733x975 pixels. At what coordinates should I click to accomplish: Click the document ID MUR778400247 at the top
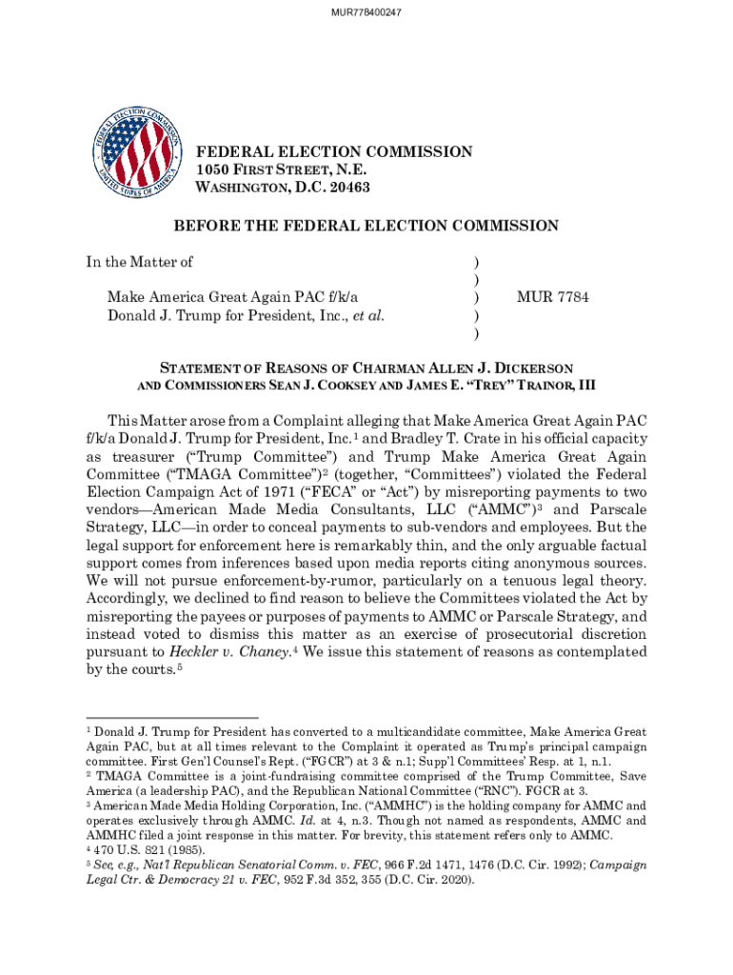[366, 12]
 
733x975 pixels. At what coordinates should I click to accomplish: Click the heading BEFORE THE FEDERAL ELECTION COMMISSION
[366, 226]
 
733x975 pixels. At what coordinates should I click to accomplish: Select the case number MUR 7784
[552, 297]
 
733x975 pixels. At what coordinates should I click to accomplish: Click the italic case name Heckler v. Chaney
[227, 651]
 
